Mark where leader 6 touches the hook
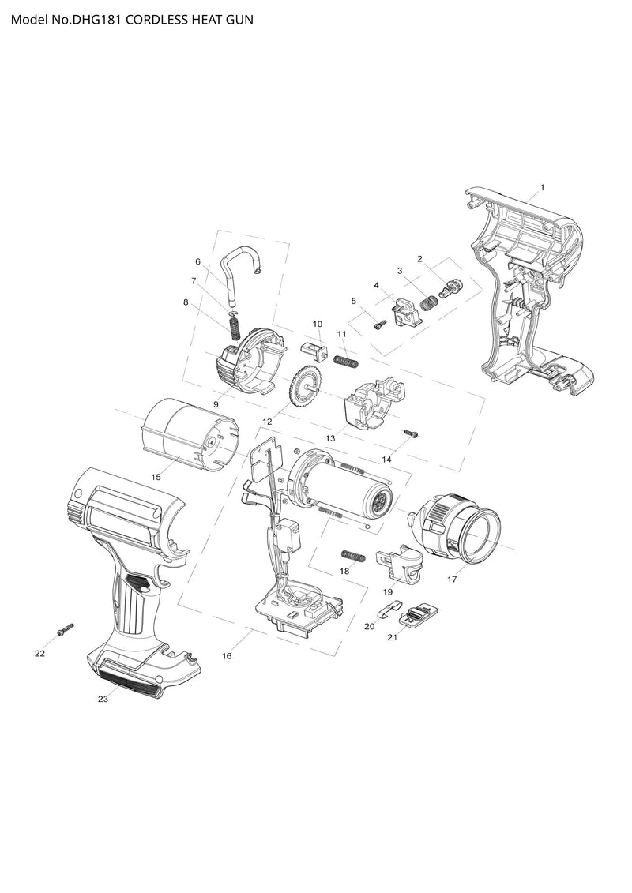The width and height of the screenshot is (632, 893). point(229,289)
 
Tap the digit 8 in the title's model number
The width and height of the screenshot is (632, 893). point(103,20)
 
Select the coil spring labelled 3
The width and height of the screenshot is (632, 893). point(430,302)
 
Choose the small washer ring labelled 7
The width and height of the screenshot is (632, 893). point(232,313)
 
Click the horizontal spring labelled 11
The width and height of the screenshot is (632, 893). point(347,361)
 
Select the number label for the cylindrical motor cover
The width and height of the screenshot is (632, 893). point(156,477)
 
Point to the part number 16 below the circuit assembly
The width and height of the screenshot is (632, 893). point(227,656)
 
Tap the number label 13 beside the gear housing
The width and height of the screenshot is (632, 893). point(330,438)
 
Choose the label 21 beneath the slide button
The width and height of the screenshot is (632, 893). point(392,637)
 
